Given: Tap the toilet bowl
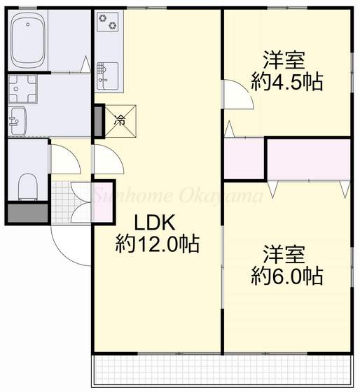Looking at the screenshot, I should pyautogui.click(x=27, y=185).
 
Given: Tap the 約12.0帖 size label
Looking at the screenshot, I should pyautogui.click(x=158, y=244).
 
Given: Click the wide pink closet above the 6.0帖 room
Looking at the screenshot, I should pyautogui.click(x=307, y=159).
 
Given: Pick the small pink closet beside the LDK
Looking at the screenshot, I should pyautogui.click(x=243, y=160).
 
